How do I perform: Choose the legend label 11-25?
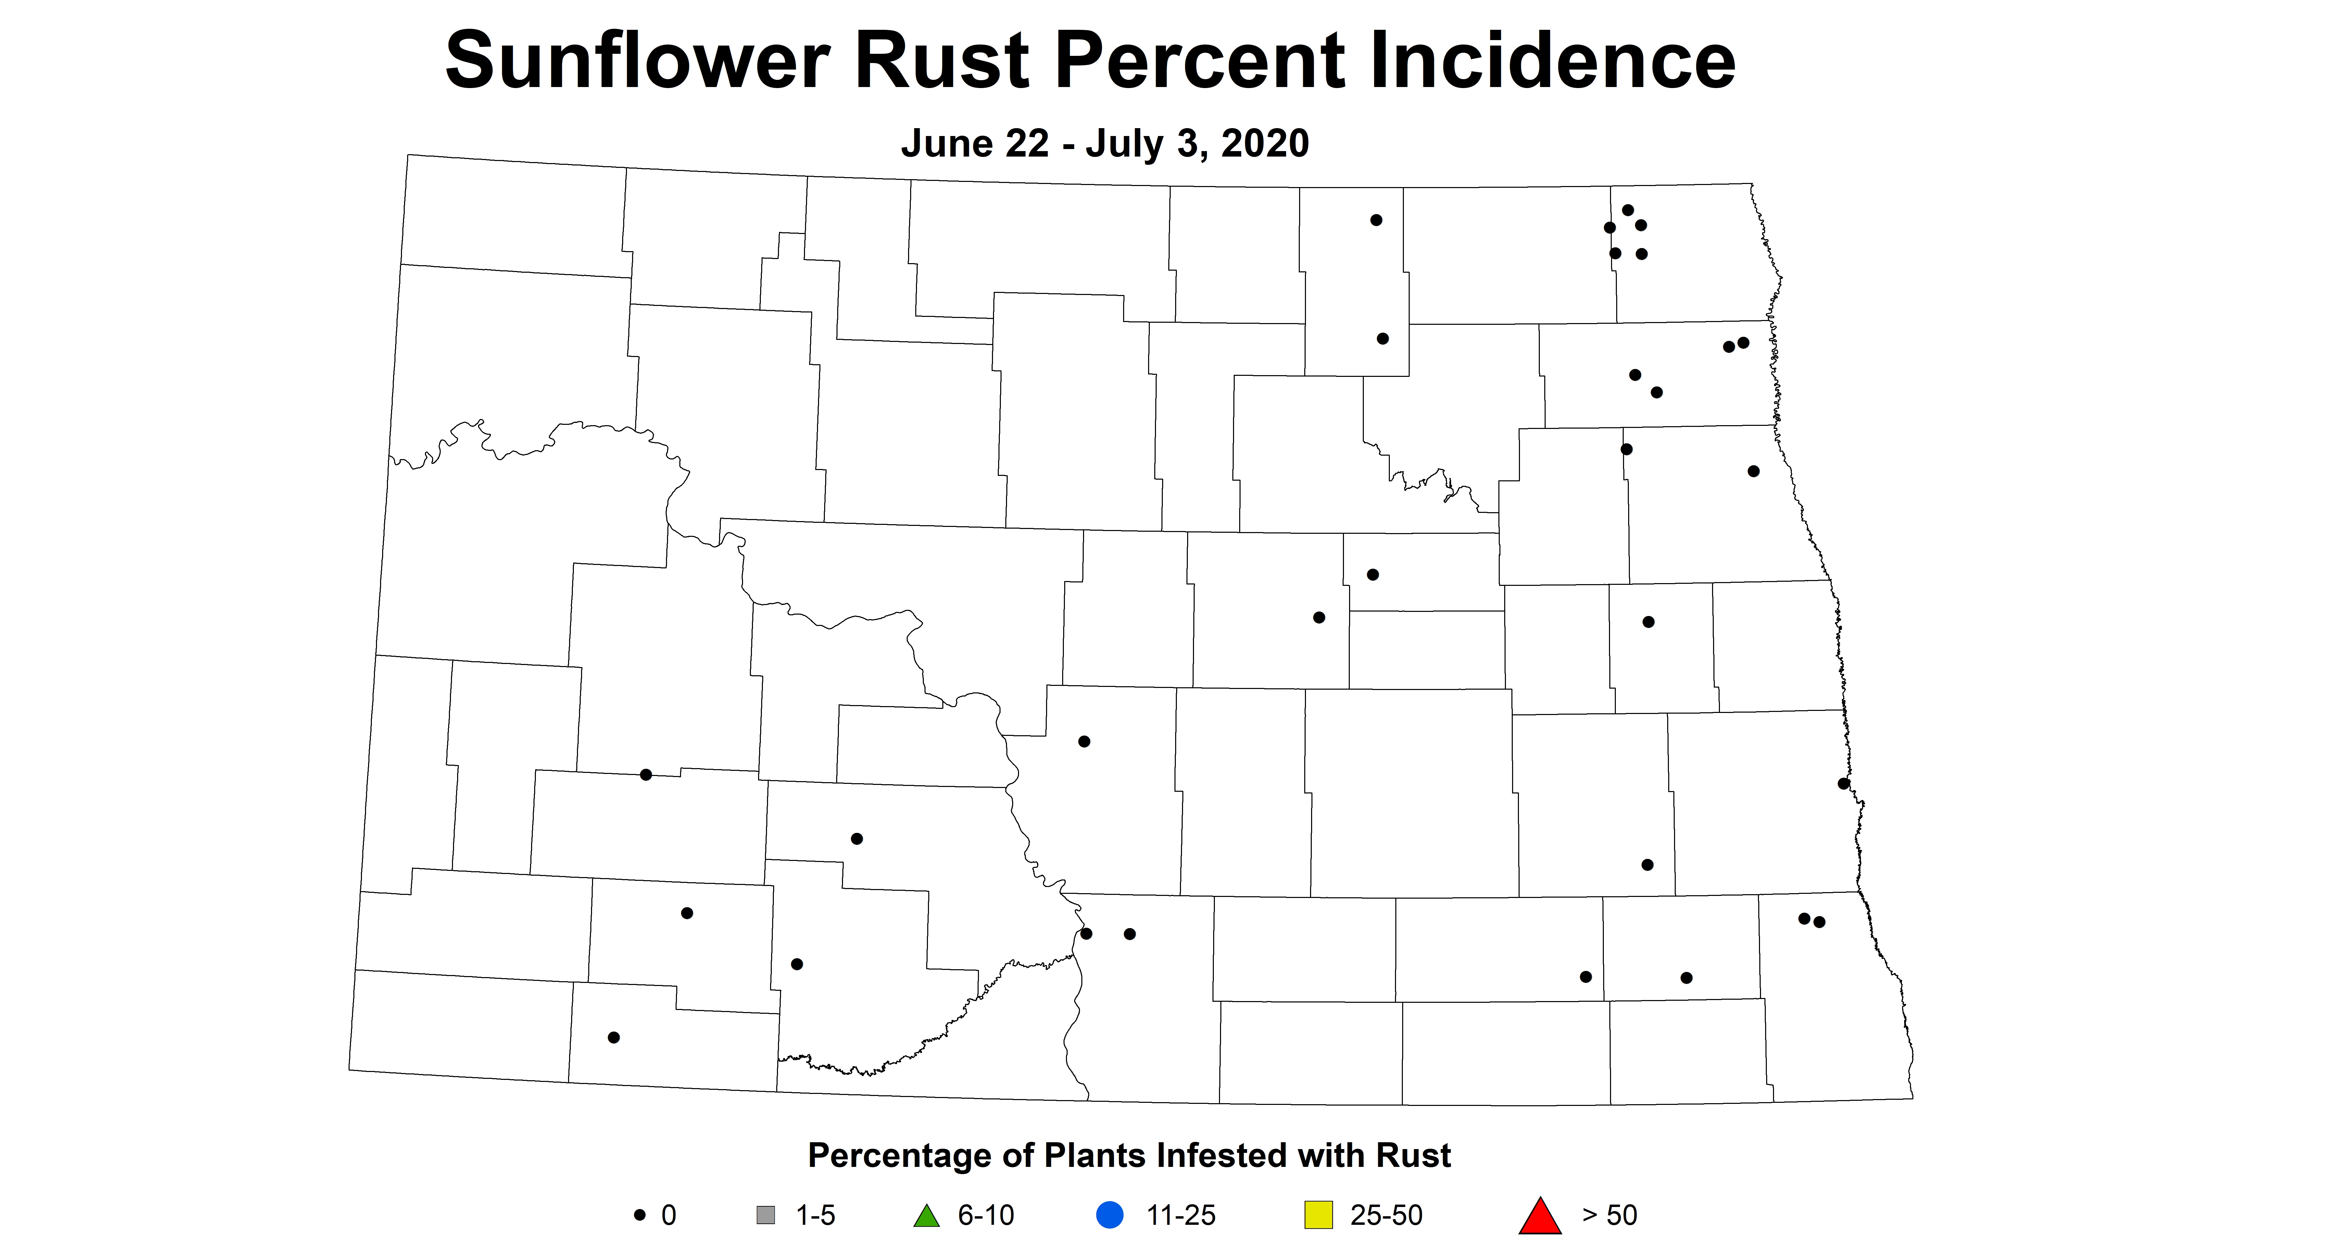tap(1180, 1215)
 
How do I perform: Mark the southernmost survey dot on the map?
tap(614, 1037)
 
